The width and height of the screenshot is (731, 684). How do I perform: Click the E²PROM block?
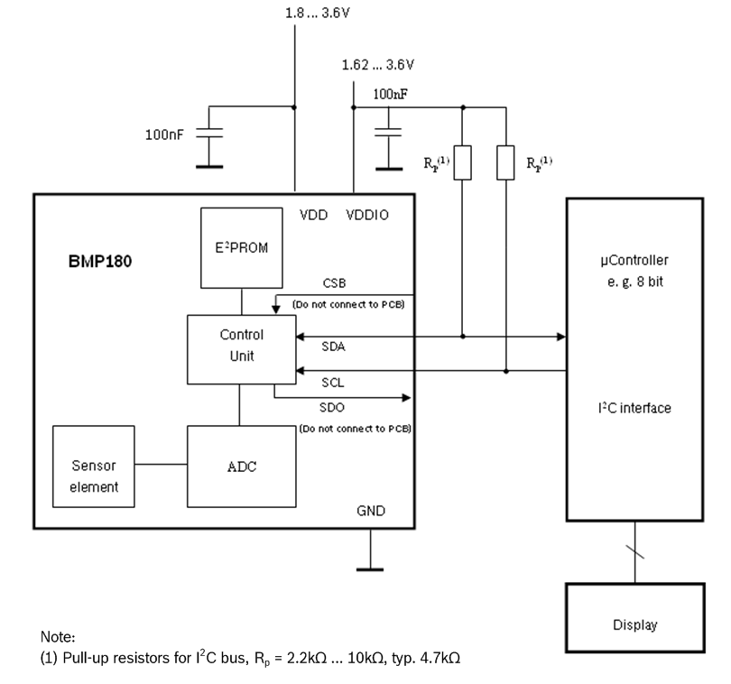tap(241, 247)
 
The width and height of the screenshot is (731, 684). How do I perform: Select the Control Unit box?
tap(241, 347)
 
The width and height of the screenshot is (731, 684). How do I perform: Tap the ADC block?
tap(241, 466)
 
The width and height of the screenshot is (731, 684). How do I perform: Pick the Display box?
tap(634, 624)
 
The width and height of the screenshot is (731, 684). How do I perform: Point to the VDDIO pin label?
tap(367, 216)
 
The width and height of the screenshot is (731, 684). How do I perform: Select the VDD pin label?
tap(314, 216)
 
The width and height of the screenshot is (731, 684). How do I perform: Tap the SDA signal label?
tap(335, 346)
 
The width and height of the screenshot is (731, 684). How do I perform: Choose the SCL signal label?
tap(334, 382)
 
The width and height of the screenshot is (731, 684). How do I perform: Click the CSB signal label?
tap(335, 283)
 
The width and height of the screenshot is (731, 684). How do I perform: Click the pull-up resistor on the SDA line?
tap(462, 162)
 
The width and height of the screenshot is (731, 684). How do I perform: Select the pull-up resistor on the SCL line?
tap(506, 162)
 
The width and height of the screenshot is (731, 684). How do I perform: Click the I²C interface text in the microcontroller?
tap(634, 408)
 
